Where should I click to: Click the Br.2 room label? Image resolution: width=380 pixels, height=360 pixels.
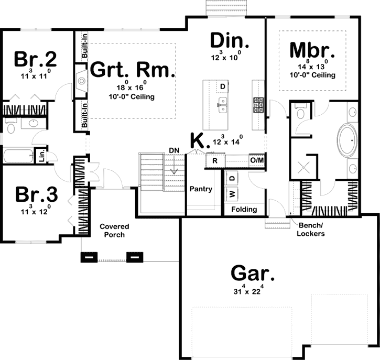(36, 58)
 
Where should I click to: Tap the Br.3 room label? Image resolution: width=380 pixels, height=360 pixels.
(36, 194)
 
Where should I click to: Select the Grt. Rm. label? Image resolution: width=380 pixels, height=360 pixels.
(131, 70)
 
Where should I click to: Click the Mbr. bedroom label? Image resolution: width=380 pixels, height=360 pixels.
(312, 50)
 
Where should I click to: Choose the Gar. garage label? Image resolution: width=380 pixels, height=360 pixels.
(253, 274)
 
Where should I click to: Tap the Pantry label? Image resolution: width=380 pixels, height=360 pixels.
(201, 189)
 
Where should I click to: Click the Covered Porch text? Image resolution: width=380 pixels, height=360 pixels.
(113, 231)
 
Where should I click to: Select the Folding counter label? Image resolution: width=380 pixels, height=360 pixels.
(244, 210)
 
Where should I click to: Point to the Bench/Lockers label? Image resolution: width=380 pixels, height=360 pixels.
(311, 230)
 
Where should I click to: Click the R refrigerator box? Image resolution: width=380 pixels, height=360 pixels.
(215, 161)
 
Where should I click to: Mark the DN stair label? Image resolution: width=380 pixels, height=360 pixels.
(175, 151)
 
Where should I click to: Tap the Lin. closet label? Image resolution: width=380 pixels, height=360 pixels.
(40, 157)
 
